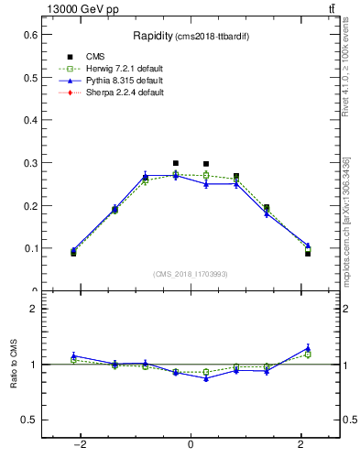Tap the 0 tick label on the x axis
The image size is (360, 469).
[191, 445]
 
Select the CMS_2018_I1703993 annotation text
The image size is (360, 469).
[190, 274]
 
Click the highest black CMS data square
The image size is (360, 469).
[176, 163]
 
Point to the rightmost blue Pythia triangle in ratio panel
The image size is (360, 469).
[308, 348]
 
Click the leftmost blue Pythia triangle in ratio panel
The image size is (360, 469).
[73, 355]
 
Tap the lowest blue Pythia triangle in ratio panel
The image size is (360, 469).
[206, 378]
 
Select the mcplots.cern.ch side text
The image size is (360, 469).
[346, 219]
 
